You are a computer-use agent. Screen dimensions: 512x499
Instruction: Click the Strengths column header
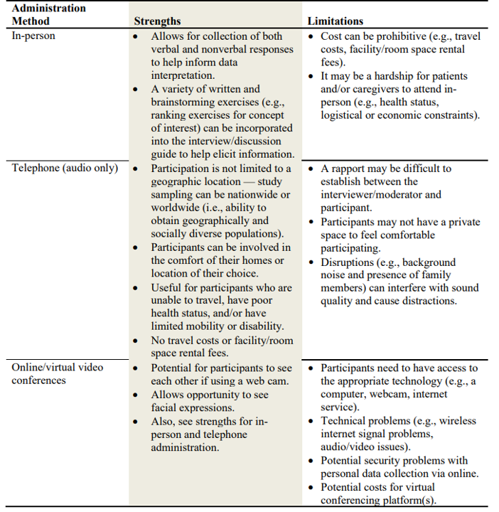(x=157, y=21)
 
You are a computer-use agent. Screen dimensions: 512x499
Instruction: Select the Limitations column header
(x=336, y=21)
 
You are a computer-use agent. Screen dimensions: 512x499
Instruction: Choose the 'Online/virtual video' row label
(x=58, y=367)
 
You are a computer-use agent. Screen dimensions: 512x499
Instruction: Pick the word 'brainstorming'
(x=183, y=102)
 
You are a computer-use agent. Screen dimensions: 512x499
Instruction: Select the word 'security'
(x=390, y=460)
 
